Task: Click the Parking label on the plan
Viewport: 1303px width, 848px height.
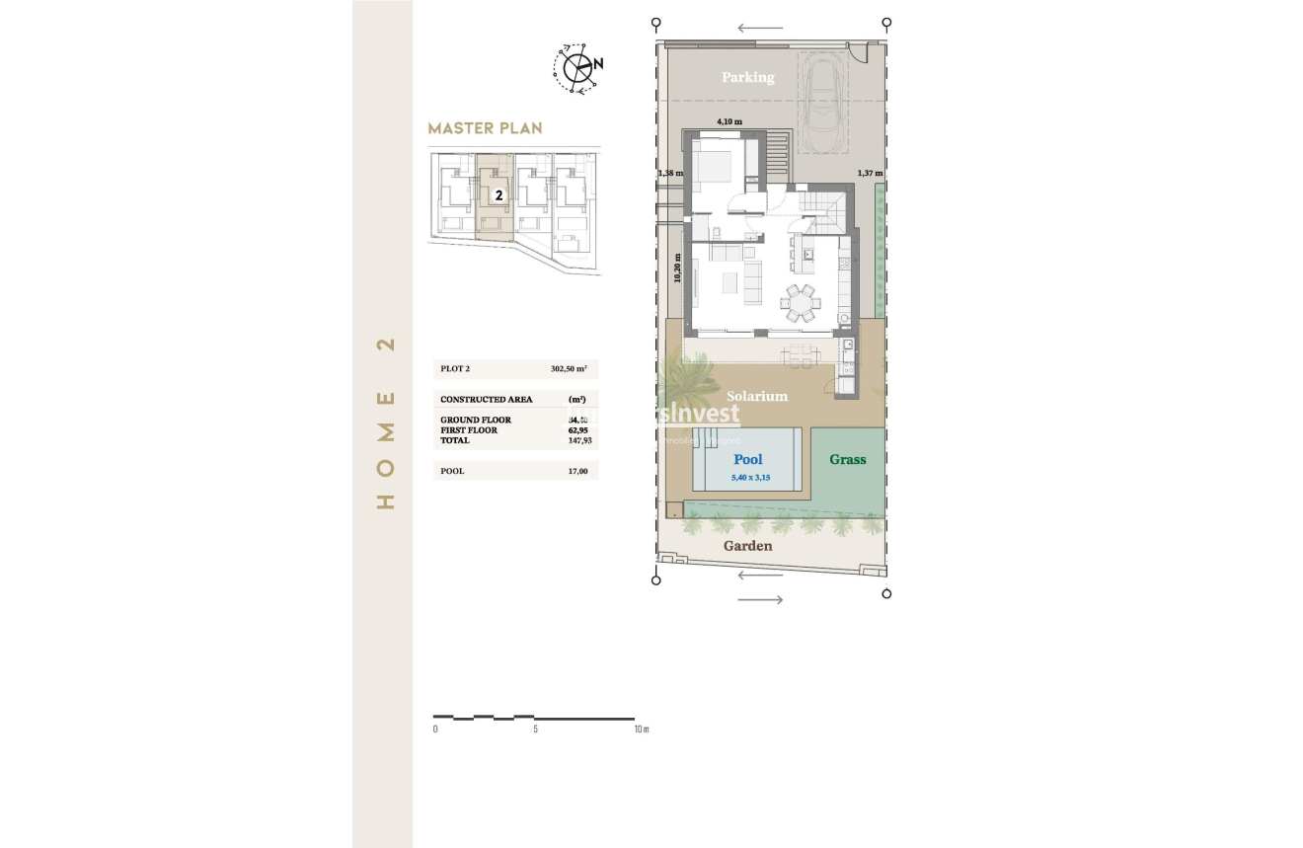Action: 747,77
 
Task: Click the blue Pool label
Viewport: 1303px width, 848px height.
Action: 748,459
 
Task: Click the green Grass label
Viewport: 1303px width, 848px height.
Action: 847,459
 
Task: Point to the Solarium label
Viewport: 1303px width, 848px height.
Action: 757,396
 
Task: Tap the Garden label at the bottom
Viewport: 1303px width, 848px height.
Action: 747,546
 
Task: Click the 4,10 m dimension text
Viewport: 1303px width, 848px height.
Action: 728,121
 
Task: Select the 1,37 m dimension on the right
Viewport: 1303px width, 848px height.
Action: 870,173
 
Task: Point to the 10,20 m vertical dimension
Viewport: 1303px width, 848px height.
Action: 677,267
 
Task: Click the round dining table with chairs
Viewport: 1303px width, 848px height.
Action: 799,302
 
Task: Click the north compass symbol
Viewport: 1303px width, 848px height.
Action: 577,67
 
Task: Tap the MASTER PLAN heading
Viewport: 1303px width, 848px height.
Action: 485,128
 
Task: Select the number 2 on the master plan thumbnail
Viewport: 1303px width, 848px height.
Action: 498,195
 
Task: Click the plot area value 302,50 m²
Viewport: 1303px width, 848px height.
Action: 569,369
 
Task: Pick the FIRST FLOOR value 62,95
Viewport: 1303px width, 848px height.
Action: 577,430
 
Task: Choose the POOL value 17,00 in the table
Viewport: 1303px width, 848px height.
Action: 577,471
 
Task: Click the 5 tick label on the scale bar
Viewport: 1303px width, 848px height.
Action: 535,730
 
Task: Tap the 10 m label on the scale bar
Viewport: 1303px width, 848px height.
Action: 641,730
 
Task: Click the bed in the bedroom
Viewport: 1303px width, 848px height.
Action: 713,166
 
